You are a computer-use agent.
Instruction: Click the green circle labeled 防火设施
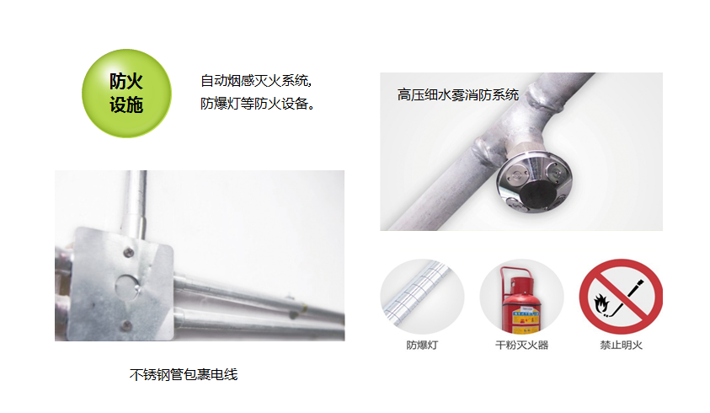[126, 94]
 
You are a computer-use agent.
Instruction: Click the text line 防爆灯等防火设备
[258, 105]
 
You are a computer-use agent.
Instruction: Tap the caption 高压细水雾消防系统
[458, 95]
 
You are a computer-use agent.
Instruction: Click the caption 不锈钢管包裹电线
[184, 374]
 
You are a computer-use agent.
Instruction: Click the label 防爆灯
[422, 346]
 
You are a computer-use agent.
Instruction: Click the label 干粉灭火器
[521, 346]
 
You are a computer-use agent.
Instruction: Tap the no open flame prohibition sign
[621, 297]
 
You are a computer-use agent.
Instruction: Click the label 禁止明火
[621, 346]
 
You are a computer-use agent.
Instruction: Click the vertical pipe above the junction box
[140, 197]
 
